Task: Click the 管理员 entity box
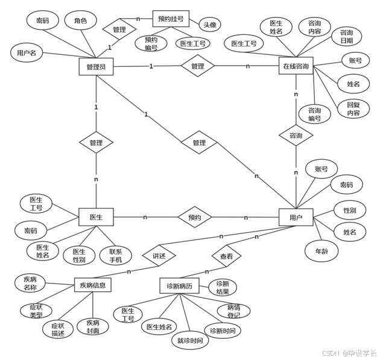(x=96, y=66)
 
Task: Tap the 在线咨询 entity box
(x=296, y=66)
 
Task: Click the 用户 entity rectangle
(x=296, y=217)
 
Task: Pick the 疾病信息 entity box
(x=92, y=285)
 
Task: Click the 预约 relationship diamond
(x=194, y=217)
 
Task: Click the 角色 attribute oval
(x=80, y=21)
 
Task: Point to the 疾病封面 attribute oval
(x=92, y=326)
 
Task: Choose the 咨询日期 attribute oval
(x=346, y=36)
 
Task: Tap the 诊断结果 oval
(x=221, y=288)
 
